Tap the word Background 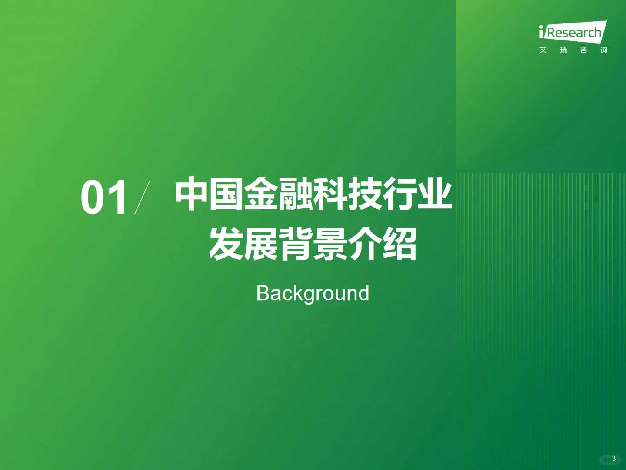pos(313,293)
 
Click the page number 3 pos(613,458)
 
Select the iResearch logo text pos(573,32)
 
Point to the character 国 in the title pos(226,194)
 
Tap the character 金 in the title pos(261,194)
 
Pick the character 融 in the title pos(296,194)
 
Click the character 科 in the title pos(330,194)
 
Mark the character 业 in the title pos(435,194)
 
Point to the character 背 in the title pos(296,244)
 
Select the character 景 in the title pos(330,244)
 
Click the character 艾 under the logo pos(543,50)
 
